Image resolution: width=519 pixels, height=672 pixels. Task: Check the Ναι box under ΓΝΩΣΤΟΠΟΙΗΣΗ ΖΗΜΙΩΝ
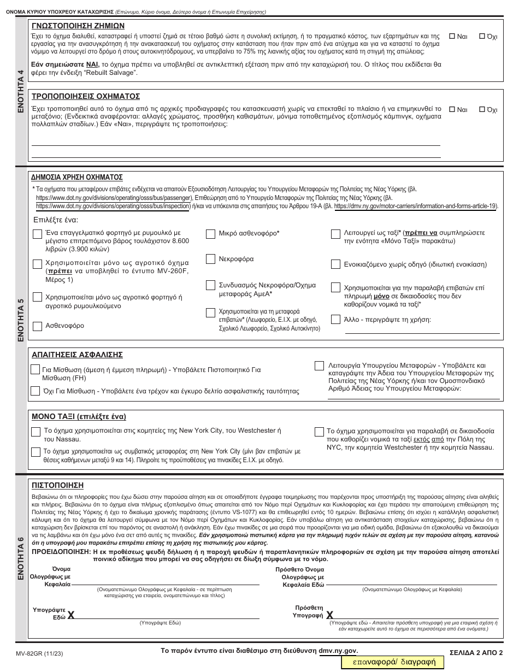(452, 37)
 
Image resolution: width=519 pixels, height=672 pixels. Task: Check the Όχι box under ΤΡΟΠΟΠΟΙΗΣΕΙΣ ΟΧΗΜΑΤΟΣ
(482, 109)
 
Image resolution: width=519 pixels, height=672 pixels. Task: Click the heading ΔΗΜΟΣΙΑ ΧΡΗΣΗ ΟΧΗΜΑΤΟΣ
(77, 178)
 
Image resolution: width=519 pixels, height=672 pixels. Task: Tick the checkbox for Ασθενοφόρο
(37, 326)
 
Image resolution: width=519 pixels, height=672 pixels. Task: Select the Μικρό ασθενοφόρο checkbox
(210, 234)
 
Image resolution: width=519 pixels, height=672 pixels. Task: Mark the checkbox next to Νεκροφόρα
(210, 259)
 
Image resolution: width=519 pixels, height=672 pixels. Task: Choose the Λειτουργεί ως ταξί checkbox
(335, 234)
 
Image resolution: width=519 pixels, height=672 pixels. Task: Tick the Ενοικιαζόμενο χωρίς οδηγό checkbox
(335, 265)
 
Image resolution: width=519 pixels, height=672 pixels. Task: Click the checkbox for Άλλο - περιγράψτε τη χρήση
(335, 320)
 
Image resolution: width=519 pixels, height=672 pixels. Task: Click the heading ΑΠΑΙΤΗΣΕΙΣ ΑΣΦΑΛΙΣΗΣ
(77, 355)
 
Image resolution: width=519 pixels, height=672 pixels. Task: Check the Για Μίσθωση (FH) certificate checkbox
(36, 370)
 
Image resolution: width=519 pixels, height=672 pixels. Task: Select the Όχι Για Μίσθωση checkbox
(36, 391)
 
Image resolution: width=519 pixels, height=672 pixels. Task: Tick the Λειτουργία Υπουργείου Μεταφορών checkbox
(319, 366)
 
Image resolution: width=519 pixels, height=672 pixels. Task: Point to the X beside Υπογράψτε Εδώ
(71, 616)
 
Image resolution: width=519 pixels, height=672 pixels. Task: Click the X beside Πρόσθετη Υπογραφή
(329, 615)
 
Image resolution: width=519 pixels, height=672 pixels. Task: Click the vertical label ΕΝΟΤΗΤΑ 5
(21, 320)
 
